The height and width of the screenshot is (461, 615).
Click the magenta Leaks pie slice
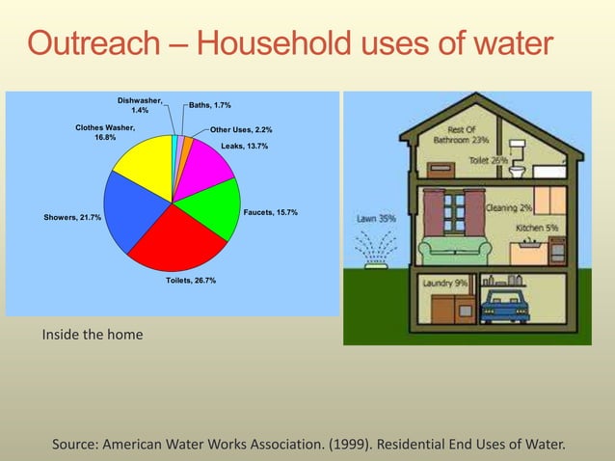208,169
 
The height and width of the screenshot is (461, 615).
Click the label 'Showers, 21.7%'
72,218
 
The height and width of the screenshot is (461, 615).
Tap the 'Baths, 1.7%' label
209,104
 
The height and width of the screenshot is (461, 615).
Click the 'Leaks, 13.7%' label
245,146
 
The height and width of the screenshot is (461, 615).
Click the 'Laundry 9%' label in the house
445,284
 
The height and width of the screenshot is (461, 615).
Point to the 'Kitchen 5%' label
537,228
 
